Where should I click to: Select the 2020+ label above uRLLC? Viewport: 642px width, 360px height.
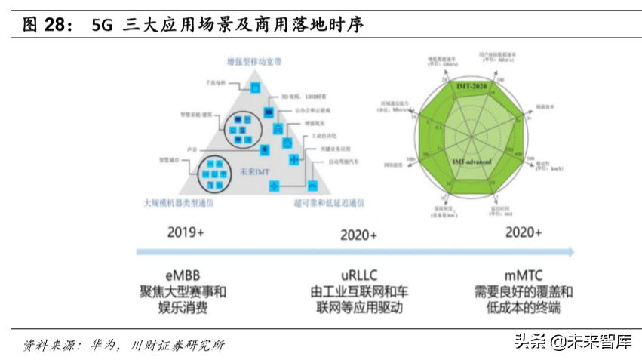tap(358, 235)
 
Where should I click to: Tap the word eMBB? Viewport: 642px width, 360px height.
tap(182, 274)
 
